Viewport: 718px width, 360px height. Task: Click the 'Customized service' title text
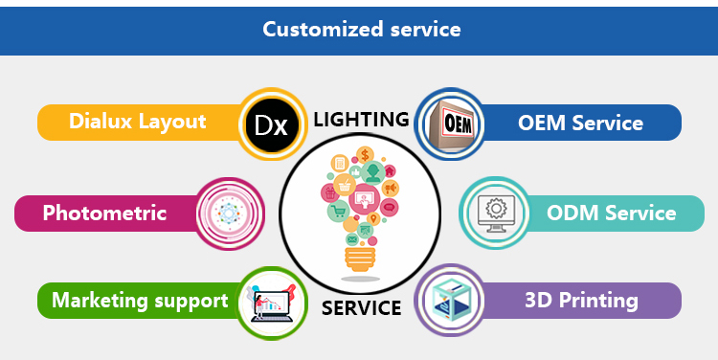(362, 30)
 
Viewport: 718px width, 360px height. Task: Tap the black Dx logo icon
(272, 124)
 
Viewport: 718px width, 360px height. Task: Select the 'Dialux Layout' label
(137, 122)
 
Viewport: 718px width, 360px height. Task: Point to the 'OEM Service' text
(581, 123)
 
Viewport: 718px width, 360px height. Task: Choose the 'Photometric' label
(104, 213)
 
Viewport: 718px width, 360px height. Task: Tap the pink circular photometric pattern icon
(228, 214)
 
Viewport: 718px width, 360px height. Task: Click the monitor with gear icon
(496, 214)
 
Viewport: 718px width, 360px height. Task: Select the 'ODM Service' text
(612, 213)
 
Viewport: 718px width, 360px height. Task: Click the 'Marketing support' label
(140, 301)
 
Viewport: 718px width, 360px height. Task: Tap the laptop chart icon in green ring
(271, 303)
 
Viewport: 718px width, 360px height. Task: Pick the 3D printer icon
(450, 301)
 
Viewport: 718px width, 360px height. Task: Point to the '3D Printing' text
(581, 301)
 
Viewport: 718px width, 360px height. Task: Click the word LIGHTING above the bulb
(361, 120)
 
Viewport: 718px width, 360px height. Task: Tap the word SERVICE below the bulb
(361, 307)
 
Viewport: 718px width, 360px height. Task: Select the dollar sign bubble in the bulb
(365, 155)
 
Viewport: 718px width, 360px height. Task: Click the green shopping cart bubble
(339, 211)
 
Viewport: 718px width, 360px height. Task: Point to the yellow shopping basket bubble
(345, 185)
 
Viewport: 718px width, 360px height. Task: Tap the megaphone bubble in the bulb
(391, 188)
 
